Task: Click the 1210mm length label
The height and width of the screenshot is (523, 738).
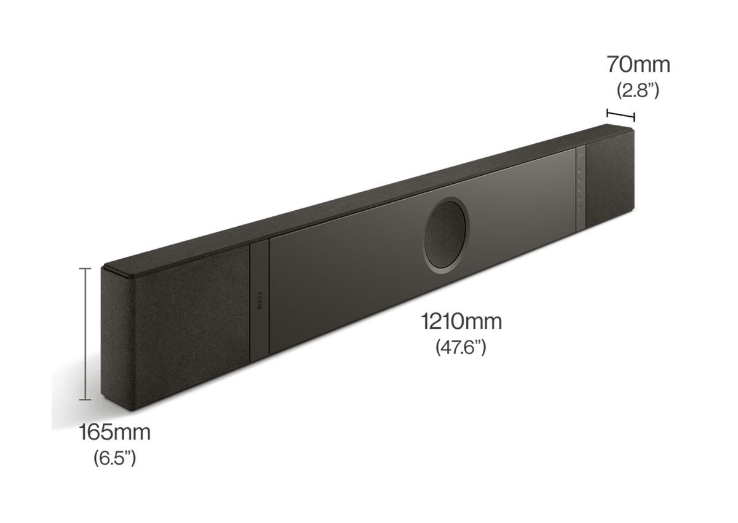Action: (x=461, y=321)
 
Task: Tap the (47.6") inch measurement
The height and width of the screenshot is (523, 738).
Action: (x=461, y=348)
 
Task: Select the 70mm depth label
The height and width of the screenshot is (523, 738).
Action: (x=638, y=64)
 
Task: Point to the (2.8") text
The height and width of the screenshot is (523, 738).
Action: (x=638, y=90)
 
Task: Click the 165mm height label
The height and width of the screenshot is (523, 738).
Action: (x=114, y=432)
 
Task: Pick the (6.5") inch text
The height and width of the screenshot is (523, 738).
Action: (x=114, y=458)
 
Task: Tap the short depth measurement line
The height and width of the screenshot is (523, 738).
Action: (x=621, y=114)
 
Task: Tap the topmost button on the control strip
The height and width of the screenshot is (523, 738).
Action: (x=579, y=171)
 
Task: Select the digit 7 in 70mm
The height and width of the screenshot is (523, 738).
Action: (x=613, y=64)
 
